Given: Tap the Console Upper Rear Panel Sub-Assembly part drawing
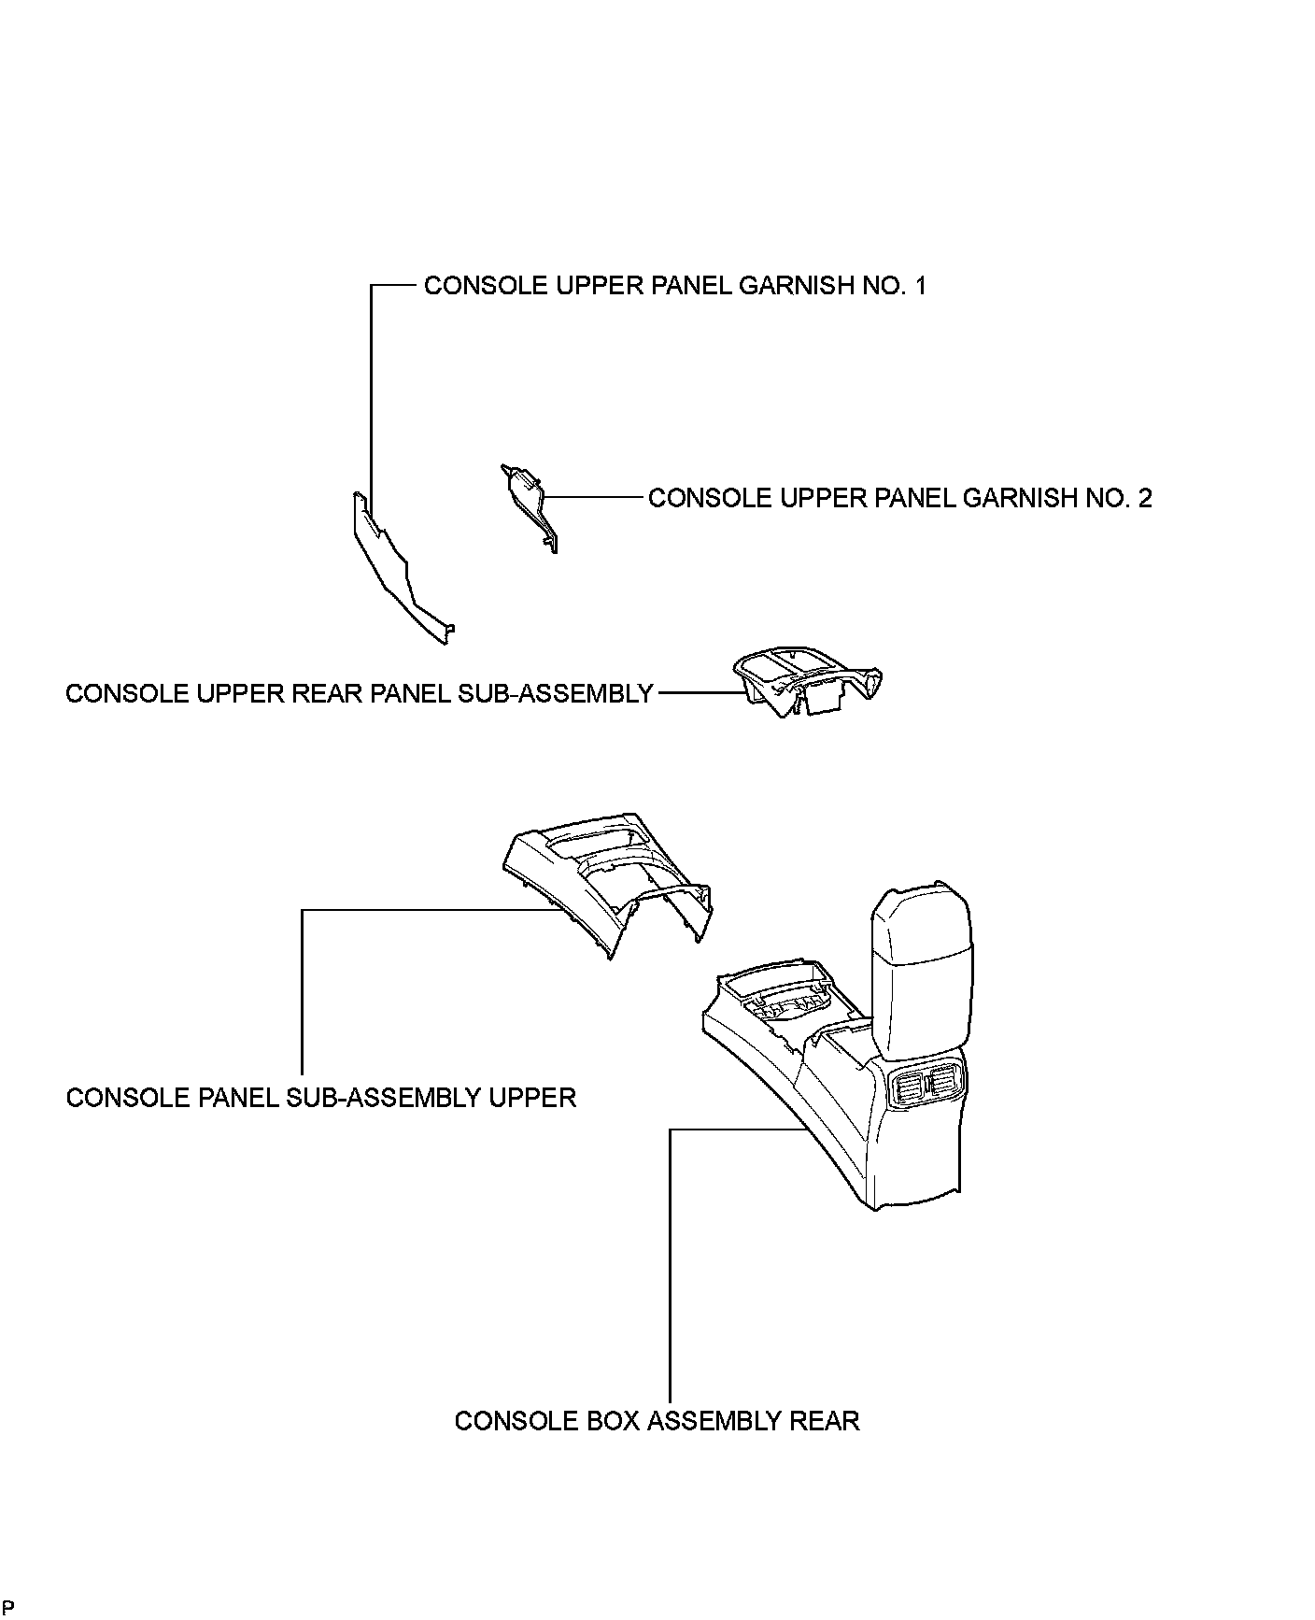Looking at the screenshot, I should point(809,683).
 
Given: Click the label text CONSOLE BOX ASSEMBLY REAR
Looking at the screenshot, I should point(657,1421).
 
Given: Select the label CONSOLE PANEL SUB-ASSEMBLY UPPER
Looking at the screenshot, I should point(321,1097).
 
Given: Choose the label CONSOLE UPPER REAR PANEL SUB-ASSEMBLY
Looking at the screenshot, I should point(359,694).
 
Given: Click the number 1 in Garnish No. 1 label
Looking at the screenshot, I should point(921,286).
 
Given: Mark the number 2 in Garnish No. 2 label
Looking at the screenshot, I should point(1145,498).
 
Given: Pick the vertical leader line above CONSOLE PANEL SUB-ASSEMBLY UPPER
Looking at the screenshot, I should point(302,990).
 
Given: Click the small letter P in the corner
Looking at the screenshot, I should point(7,1607).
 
